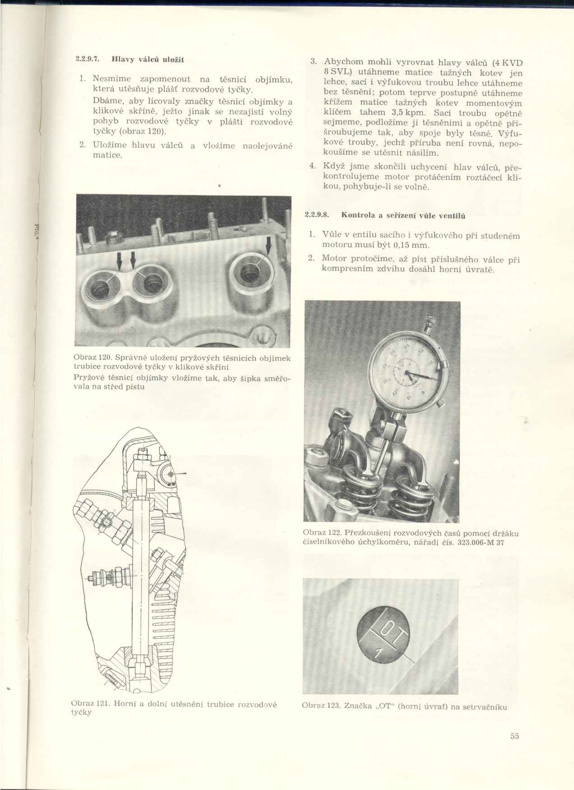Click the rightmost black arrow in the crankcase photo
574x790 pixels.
(269, 246)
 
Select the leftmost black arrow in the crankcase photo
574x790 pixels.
(120, 260)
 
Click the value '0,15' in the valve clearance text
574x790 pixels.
(404, 245)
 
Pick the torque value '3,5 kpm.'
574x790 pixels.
(409, 112)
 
